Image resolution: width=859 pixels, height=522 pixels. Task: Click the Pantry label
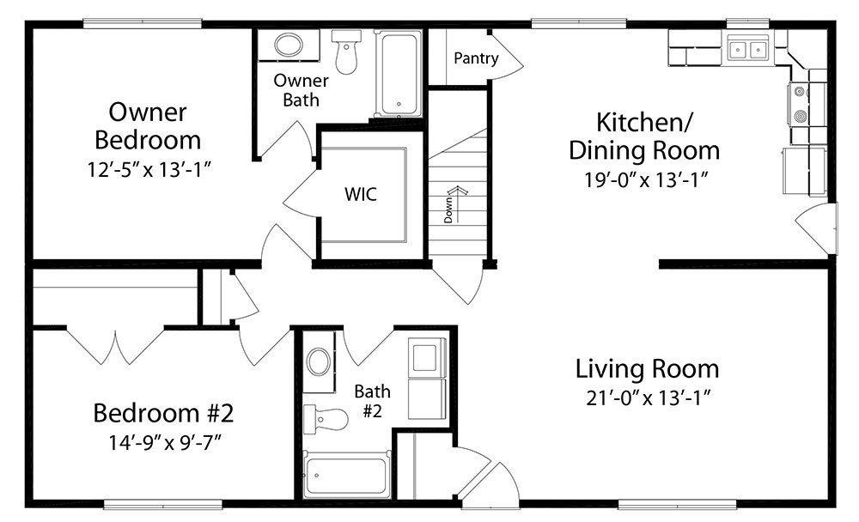(476, 58)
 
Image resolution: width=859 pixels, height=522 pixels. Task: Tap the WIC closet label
(361, 194)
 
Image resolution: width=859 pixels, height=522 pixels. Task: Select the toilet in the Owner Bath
(346, 52)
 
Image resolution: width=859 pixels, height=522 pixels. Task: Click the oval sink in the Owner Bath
(288, 45)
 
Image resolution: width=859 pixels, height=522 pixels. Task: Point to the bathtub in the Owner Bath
(399, 74)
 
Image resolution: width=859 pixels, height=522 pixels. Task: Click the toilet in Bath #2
(326, 419)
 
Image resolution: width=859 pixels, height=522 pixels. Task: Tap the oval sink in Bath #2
(319, 362)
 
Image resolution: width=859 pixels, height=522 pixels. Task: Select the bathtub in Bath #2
(346, 474)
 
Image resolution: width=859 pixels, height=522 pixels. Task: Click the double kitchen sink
(748, 50)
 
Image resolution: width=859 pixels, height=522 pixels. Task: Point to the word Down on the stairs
(448, 210)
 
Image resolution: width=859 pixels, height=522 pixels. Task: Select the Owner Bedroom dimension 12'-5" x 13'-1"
(149, 170)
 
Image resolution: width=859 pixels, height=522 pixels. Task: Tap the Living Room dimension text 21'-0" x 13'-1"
(648, 398)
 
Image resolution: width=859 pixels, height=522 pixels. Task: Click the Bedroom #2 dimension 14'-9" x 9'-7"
(164, 442)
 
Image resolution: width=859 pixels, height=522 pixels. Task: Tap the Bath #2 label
(373, 401)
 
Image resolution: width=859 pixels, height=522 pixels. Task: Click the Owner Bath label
(301, 90)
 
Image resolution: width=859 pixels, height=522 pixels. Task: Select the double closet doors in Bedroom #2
(115, 346)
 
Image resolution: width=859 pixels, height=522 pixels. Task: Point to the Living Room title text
(647, 368)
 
